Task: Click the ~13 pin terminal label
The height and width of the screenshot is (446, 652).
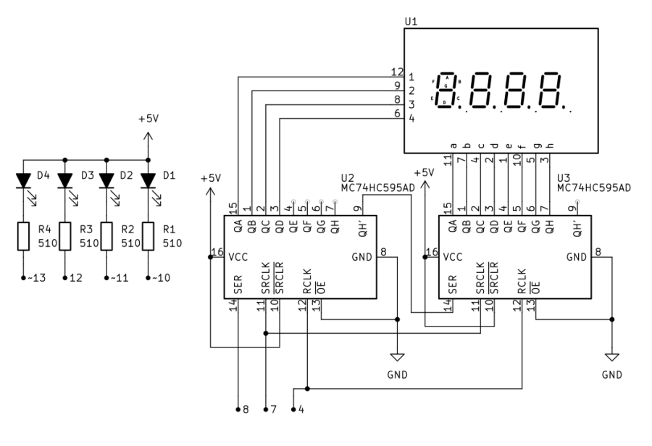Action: (x=32, y=277)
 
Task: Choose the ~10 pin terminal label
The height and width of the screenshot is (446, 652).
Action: (x=156, y=277)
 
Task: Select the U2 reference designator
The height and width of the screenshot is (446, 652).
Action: (x=348, y=177)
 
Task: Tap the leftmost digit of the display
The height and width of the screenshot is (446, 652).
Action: (x=452, y=91)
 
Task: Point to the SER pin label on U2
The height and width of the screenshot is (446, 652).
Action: (x=238, y=287)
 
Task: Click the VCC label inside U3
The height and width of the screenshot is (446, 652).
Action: (x=454, y=256)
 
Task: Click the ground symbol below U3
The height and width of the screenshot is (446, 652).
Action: (x=611, y=356)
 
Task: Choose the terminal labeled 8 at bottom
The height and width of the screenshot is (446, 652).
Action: (x=246, y=410)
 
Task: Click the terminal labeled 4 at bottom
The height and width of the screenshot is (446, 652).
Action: (x=301, y=410)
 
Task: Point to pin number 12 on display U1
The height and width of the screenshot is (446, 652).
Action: (x=396, y=72)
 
